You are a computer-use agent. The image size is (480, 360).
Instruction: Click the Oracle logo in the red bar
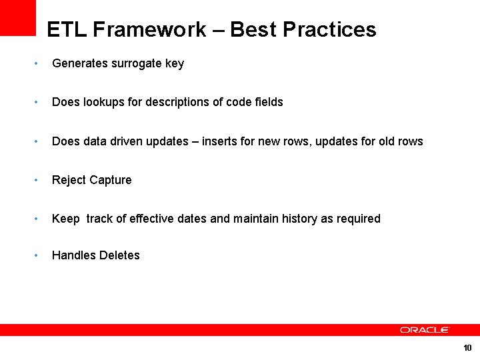coord(425,330)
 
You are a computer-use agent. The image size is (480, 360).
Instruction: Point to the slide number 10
coord(467,348)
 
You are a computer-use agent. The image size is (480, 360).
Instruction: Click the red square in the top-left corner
coord(17,17)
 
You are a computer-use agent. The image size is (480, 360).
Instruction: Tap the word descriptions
coord(179,102)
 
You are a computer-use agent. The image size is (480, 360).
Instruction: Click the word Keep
coord(65,219)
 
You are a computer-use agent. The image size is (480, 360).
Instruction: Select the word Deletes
coord(119,255)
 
